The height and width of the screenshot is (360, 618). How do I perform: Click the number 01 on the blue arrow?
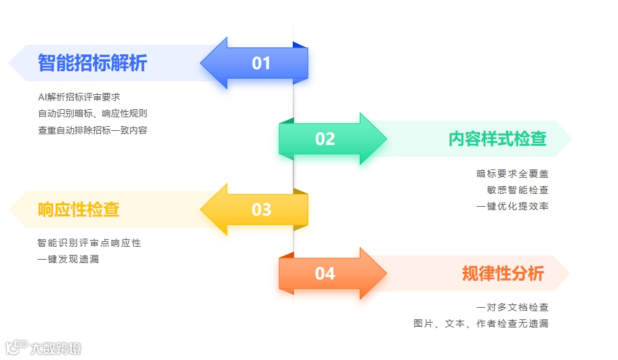pos(261,64)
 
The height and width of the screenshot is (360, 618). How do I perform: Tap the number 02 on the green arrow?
pos(325,139)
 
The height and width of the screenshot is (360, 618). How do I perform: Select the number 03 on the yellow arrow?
pos(262,210)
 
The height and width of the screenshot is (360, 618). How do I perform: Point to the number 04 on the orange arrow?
pos(325,274)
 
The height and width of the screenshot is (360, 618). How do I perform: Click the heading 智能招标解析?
pos(92,63)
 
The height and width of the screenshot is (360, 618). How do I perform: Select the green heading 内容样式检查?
pos(497,138)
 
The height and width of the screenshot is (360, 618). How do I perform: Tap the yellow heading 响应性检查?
pos(79,209)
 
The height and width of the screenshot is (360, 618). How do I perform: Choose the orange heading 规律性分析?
pos(503,273)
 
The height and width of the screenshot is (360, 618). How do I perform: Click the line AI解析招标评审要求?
pos(79,98)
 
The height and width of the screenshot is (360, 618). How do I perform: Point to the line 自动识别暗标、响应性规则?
pos(92,114)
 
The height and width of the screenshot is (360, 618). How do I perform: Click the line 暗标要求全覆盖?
pos(513,174)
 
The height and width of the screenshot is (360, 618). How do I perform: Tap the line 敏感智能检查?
pos(518,191)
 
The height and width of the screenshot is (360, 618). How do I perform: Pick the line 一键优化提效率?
pos(513,207)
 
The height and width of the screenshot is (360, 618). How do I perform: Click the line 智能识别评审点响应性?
pos(89,243)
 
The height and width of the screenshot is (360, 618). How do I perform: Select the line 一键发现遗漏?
pos(68,259)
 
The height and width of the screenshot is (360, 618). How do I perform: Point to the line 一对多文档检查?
pos(513,308)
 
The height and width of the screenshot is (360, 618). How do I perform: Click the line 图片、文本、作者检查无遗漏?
pos(481,324)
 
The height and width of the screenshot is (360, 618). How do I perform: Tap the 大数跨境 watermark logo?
pos(43,348)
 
